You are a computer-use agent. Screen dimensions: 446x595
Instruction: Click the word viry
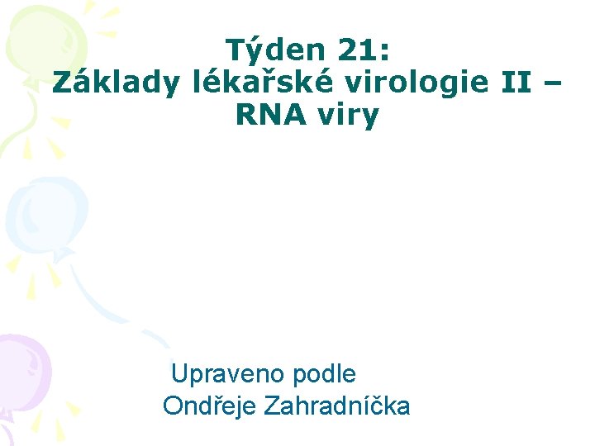pyautogui.click(x=346, y=116)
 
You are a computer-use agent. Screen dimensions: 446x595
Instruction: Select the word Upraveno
pyautogui.click(x=227, y=374)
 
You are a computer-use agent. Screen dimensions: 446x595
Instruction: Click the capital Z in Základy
pyautogui.click(x=63, y=83)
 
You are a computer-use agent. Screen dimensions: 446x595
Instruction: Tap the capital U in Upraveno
pyautogui.click(x=179, y=374)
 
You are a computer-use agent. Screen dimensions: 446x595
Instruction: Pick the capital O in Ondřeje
pyautogui.click(x=173, y=406)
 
